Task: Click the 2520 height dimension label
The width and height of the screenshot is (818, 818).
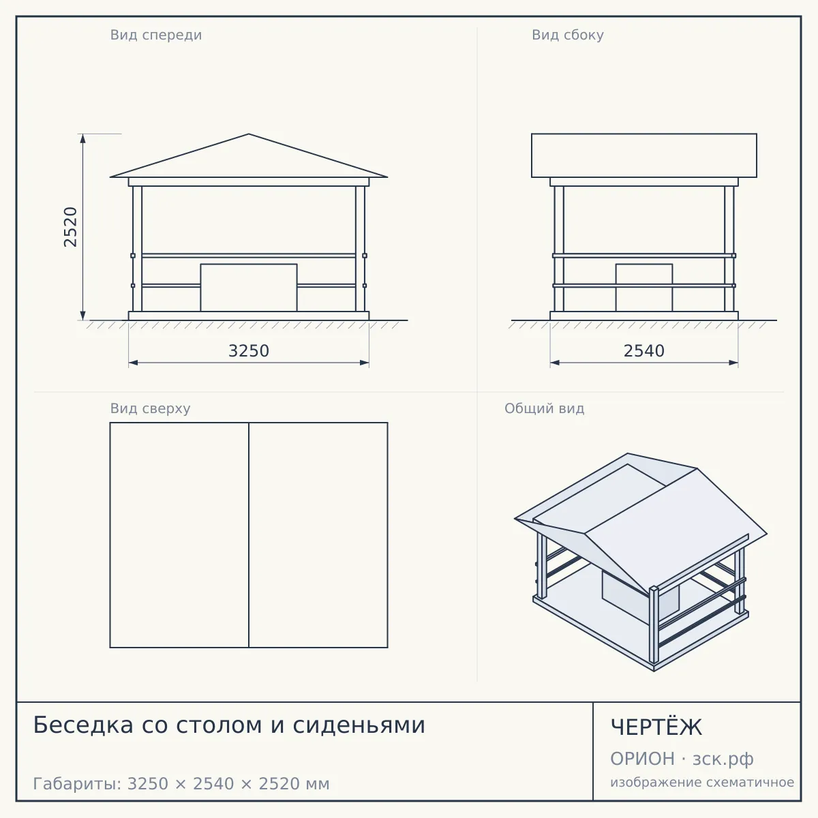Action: (x=70, y=227)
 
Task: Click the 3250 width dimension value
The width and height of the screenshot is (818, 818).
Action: (x=249, y=351)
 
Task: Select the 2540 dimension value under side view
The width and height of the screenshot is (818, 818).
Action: (x=643, y=351)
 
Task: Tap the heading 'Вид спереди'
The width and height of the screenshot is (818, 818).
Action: (x=156, y=35)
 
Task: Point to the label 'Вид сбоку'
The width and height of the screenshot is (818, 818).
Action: (x=568, y=35)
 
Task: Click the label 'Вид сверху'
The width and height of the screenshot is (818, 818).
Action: (x=150, y=408)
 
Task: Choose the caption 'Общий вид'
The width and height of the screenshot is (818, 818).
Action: (x=544, y=408)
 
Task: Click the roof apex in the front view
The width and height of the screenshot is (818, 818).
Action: (x=249, y=134)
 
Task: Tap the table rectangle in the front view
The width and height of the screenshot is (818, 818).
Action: (x=249, y=288)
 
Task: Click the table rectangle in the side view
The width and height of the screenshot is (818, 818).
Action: (x=644, y=288)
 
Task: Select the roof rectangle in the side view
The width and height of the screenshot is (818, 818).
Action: (x=644, y=155)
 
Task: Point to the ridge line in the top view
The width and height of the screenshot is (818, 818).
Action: (x=249, y=535)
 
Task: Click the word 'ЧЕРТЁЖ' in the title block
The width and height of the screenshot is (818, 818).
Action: (x=656, y=727)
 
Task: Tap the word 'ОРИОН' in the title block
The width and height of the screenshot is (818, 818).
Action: (x=642, y=759)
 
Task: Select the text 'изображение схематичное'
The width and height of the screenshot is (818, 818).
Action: (x=702, y=782)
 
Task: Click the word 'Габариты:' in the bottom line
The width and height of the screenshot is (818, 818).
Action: (x=77, y=784)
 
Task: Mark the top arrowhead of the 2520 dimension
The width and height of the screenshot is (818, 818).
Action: (x=82, y=138)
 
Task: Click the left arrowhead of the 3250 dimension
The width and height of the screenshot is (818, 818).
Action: (x=134, y=363)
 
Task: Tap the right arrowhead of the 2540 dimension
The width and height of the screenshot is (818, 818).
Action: (x=733, y=363)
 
